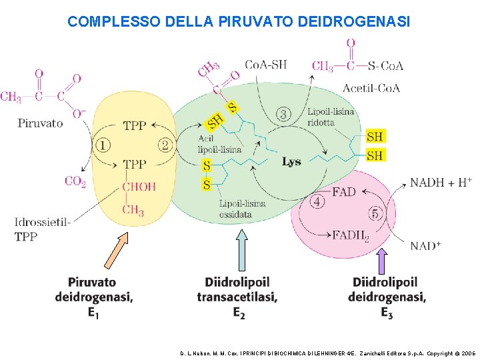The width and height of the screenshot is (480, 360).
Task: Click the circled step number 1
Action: [x=103, y=144]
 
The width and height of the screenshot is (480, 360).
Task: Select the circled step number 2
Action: [x=165, y=144]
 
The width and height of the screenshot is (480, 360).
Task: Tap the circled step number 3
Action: [x=284, y=115]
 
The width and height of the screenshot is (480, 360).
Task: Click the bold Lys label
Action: [x=291, y=161]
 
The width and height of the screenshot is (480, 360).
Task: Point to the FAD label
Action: [x=343, y=192]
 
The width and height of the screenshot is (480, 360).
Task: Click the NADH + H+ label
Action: [x=441, y=182]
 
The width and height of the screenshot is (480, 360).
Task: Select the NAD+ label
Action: [x=425, y=246]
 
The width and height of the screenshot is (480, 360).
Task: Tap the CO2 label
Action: [x=75, y=181]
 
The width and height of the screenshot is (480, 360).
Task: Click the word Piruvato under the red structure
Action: [x=40, y=123]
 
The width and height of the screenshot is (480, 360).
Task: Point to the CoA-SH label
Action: [x=266, y=65]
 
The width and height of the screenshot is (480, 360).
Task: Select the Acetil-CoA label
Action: [x=371, y=88]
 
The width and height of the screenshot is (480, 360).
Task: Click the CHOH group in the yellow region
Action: [x=139, y=187]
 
